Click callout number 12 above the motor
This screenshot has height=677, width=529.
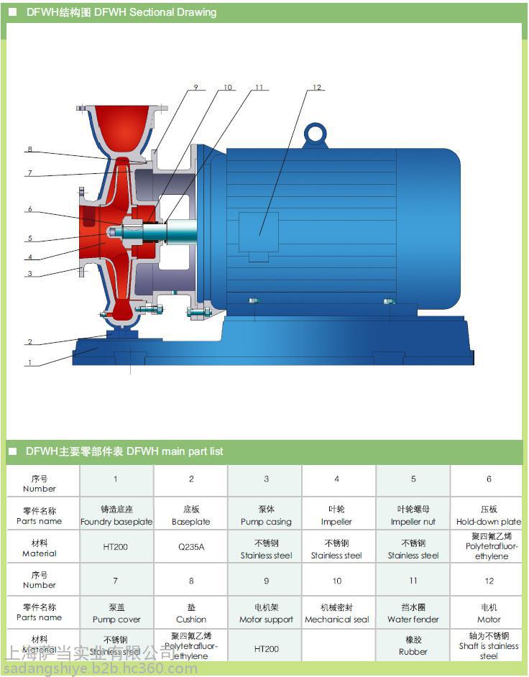[x=316, y=88]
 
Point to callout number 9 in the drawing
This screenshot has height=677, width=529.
[x=195, y=88]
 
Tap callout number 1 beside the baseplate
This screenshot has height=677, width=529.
[x=29, y=363]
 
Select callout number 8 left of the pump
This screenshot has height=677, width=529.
[x=29, y=149]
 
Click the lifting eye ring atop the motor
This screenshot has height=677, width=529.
[x=315, y=134]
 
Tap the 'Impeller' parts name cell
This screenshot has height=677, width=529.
[x=336, y=515]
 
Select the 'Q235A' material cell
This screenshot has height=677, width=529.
[x=190, y=547]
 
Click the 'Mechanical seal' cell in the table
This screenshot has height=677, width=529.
[x=336, y=612]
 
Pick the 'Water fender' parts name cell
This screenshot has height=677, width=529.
[x=413, y=612]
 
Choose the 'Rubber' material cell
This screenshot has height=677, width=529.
[x=413, y=645]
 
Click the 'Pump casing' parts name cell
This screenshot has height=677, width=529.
[x=266, y=515]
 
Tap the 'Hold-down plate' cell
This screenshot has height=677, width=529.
[x=489, y=515]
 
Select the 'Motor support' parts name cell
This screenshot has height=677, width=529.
[x=266, y=612]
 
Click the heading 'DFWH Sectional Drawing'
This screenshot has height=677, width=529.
[x=121, y=12]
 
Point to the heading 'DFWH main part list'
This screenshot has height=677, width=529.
[x=124, y=451]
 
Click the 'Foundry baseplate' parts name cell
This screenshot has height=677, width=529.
[x=116, y=515]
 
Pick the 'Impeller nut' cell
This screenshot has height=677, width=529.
[x=413, y=515]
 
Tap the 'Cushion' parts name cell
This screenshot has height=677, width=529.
[x=190, y=612]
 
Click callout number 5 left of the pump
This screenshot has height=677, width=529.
[x=29, y=239]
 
